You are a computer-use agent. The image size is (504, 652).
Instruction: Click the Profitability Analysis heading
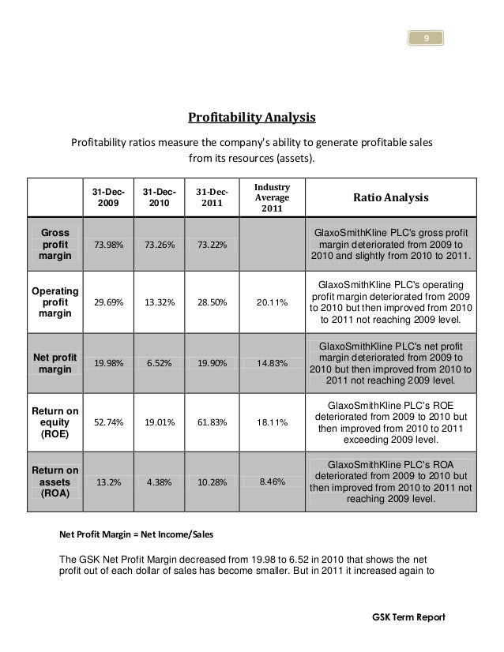pos(251,118)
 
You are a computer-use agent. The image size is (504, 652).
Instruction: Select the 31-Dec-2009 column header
pos(108,197)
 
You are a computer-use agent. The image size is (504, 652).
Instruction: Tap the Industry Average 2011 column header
pos(272,197)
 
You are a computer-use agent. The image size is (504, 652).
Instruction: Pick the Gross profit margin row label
pos(55,245)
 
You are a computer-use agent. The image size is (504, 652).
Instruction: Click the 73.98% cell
pos(108,245)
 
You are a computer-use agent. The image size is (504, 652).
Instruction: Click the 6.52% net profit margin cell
pos(160,363)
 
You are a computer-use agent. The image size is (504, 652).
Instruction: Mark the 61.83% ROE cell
pos(213,422)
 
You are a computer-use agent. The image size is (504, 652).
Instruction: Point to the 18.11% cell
pos(272,422)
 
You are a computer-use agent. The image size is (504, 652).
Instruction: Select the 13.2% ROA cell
pos(108,479)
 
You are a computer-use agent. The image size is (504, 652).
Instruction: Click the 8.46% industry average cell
pos(272,479)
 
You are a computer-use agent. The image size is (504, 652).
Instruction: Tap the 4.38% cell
pos(160,479)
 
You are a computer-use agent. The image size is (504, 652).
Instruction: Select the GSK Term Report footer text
pos(408,616)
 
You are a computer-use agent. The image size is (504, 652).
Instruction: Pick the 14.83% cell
pos(272,363)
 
